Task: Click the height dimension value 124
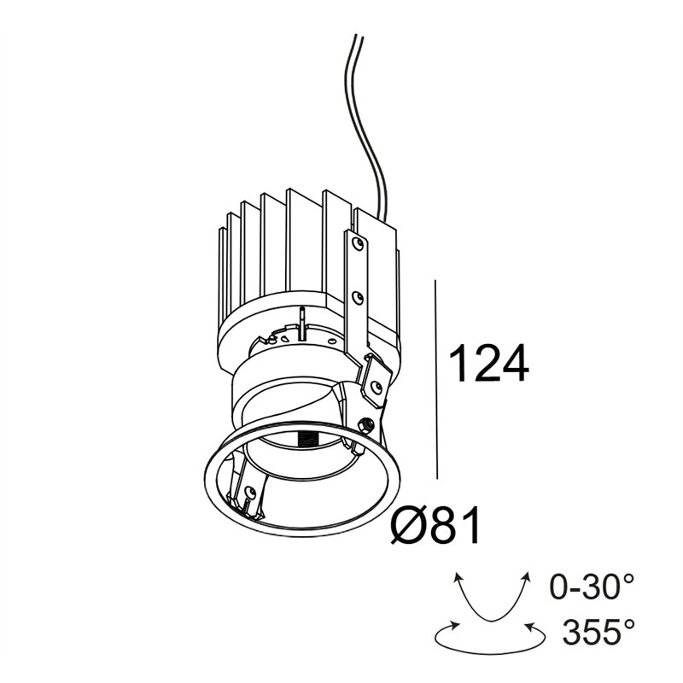488,363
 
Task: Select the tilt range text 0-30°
592,587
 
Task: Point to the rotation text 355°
598,632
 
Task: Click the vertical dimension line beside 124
436,379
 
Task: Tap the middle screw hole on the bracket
358,297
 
